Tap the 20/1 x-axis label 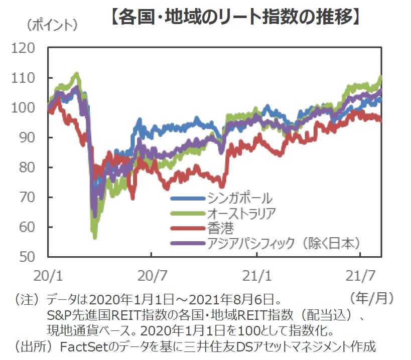48,276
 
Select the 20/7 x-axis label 153,276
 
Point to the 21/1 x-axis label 257,276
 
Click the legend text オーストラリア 241,213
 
